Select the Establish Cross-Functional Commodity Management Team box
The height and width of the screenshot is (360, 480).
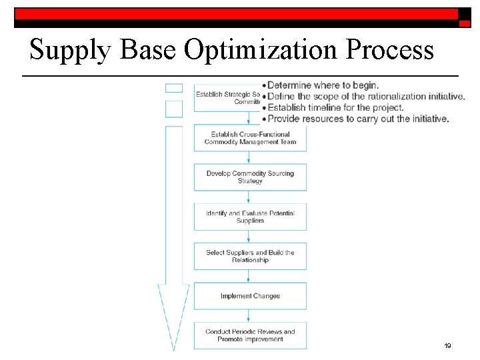(250, 138)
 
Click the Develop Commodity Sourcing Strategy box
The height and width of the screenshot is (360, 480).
(250, 177)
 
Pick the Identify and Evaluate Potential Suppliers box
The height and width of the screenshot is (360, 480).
(250, 217)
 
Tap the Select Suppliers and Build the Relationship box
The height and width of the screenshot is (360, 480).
(250, 256)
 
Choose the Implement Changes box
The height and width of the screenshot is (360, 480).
(250, 296)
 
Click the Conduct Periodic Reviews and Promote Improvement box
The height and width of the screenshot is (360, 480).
(250, 335)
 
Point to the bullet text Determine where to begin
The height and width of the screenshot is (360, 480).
(323, 85)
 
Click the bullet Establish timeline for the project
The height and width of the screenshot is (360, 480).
(335, 107)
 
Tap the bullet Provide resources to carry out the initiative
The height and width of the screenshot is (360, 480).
(357, 119)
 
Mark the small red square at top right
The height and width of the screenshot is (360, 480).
(464, 22)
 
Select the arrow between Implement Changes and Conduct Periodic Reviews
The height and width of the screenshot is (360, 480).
(250, 315)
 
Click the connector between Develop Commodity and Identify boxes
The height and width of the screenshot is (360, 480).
(250, 197)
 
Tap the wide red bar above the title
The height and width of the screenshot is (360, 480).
(237, 13)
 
